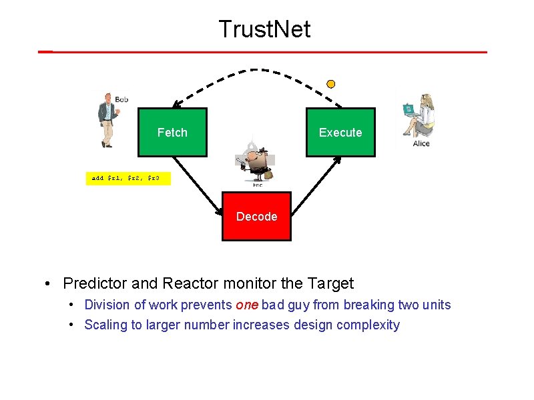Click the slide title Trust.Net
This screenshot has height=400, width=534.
[x=264, y=29]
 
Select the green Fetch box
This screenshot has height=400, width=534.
[x=172, y=132]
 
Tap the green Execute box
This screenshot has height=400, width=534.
[x=340, y=132]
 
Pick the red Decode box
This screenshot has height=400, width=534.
[x=256, y=216]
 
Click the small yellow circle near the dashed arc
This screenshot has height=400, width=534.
[x=330, y=84]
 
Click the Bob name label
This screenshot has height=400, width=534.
[x=121, y=99]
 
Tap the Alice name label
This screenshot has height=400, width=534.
[x=421, y=143]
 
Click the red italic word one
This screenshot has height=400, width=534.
[x=247, y=305]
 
